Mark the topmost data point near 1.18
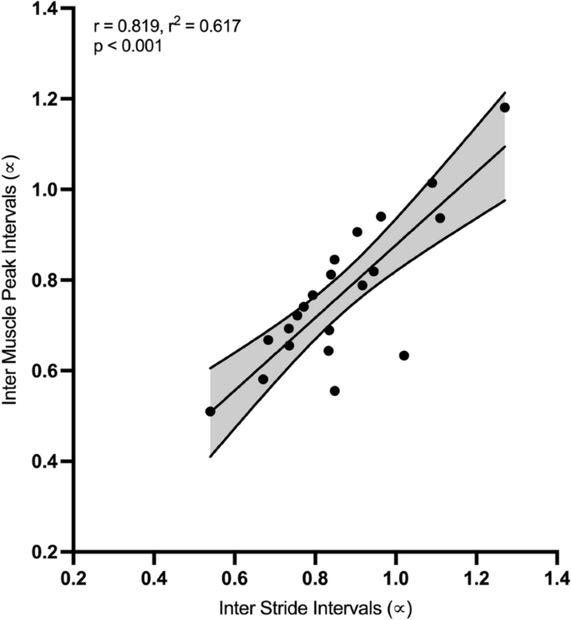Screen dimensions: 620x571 504,107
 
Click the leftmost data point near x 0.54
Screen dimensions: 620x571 210,412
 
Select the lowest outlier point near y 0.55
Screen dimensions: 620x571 334,391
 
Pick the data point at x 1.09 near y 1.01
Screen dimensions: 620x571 432,183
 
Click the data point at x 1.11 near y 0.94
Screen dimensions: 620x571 440,218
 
